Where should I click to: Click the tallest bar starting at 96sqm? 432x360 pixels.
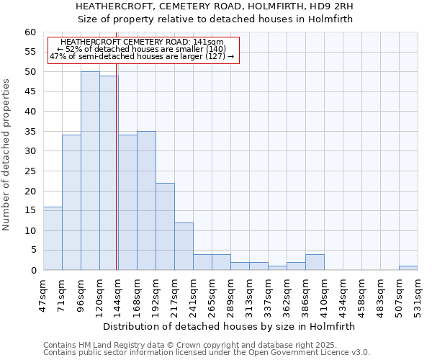pos(90,171)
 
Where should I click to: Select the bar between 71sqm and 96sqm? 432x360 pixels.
pos(71,202)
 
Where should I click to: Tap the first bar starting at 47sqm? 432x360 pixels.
pos(53,238)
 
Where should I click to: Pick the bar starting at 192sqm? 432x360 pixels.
pos(165,226)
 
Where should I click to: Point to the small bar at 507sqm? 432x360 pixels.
pos(408,268)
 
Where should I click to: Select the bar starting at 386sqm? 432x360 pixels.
pos(315,262)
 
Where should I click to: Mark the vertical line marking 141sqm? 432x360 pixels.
pos(117,173)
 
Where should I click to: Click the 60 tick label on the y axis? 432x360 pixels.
pos(30,32)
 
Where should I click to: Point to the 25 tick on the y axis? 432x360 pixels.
pos(30,171)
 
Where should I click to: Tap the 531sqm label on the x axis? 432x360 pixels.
pos(418,293)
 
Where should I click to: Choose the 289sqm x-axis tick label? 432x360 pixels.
pos(230,293)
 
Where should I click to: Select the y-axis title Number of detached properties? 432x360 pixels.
pos(7,155)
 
